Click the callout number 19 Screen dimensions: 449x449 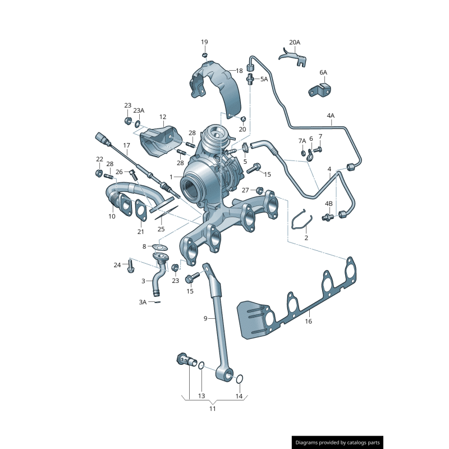point(204,42)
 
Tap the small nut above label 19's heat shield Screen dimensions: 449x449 point(205,55)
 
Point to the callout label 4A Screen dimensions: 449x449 point(330,116)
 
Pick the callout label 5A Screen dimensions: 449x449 point(264,80)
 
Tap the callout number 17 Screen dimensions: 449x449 point(126,145)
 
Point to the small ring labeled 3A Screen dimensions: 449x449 point(157,302)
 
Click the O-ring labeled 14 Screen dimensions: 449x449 point(239,380)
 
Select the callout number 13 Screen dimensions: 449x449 point(201,396)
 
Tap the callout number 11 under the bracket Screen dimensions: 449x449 point(212,409)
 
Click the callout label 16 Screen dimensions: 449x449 point(308,322)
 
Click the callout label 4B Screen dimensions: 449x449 point(329,203)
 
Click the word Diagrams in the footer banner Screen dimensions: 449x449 point(308,442)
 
